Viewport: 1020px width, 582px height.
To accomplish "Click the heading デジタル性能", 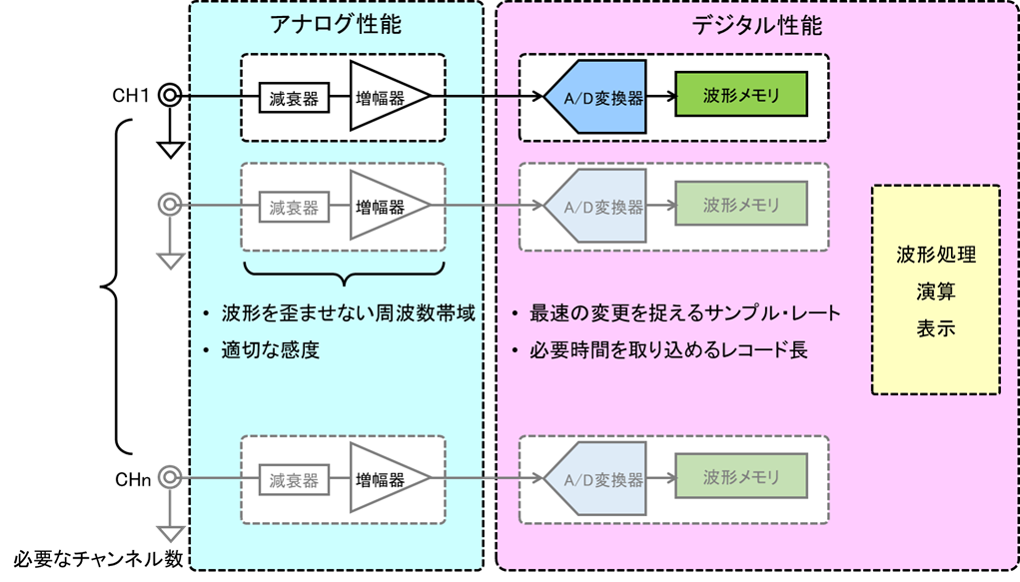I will (758, 25).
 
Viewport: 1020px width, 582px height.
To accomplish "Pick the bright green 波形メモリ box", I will (740, 97).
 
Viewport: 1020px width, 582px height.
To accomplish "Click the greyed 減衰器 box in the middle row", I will (294, 208).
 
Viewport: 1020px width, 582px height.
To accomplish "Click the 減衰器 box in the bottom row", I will (294, 480).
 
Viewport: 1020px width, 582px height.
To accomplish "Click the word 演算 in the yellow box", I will (935, 291).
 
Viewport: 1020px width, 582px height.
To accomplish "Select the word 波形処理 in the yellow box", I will (935, 255).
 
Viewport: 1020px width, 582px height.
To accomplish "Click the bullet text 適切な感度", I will (270, 350).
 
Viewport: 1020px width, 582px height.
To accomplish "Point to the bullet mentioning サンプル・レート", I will (684, 313).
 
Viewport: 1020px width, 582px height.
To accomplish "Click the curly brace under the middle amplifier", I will (344, 273).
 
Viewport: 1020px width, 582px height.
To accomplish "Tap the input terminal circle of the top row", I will (170, 96).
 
